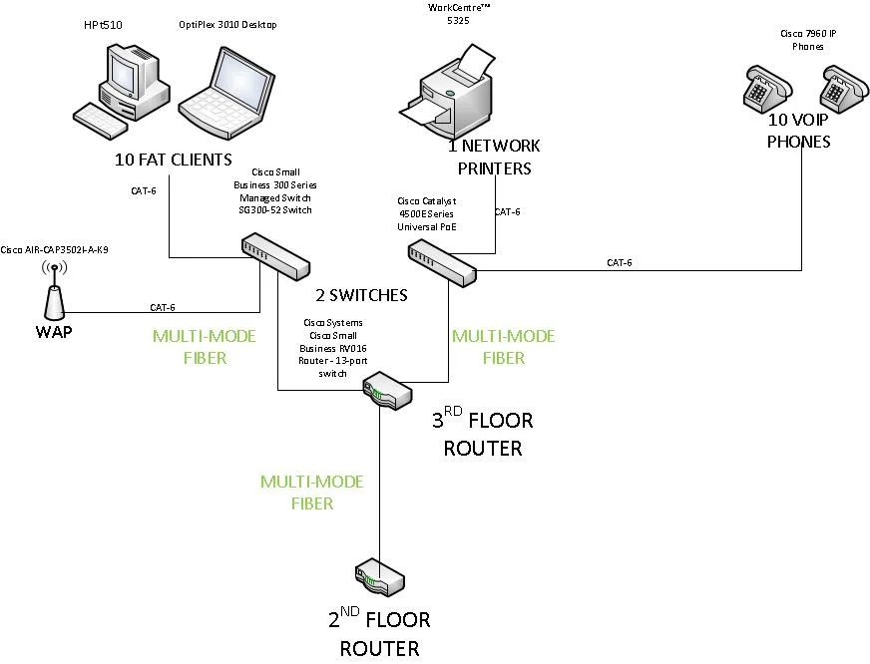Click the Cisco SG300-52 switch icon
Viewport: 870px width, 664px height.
click(274, 255)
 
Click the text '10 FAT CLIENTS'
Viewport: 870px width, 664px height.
click(173, 160)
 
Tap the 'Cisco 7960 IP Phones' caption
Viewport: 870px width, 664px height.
click(808, 40)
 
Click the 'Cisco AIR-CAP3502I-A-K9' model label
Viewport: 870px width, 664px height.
click(54, 249)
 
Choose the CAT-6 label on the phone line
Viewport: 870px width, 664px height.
click(619, 263)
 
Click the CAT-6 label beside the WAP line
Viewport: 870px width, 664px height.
click(164, 307)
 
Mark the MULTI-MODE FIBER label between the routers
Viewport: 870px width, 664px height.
click(311, 493)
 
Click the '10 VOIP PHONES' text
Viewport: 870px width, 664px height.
click(798, 132)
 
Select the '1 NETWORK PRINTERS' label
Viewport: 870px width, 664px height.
click(494, 158)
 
